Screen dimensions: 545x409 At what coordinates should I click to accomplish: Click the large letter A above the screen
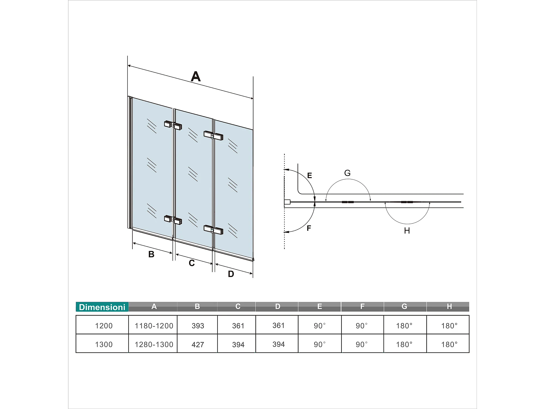tap(196, 76)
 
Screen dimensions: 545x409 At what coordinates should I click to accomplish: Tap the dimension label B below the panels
tap(151, 254)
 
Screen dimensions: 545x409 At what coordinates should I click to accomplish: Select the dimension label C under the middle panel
tap(192, 263)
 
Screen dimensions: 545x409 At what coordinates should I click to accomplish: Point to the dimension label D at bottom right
tap(231, 274)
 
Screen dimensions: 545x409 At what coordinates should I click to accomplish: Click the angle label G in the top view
tap(347, 173)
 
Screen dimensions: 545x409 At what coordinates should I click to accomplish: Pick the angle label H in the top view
tap(407, 231)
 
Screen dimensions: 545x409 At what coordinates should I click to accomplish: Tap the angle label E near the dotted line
tap(310, 175)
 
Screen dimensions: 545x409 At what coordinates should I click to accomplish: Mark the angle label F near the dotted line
tap(309, 228)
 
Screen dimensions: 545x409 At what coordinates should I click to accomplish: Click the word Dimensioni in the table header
tap(102, 307)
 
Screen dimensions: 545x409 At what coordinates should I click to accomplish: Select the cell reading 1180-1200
tap(154, 326)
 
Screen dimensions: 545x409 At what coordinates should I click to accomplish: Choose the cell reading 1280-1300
tap(154, 345)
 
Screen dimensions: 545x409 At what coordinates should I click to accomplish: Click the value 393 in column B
tap(198, 326)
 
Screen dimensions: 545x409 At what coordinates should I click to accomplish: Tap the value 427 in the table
tap(198, 345)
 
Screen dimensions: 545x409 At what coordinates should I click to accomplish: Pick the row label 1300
tap(104, 345)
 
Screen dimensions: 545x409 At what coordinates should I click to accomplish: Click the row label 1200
tap(104, 326)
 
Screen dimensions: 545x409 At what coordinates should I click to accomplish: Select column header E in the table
tap(320, 306)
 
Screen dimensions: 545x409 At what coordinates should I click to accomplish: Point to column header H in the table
tap(449, 306)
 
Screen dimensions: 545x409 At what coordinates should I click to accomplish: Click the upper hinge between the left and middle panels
tap(173, 125)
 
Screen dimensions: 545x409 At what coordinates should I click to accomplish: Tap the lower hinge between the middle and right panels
tap(213, 230)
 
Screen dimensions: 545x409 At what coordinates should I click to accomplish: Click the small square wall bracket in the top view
tap(287, 202)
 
